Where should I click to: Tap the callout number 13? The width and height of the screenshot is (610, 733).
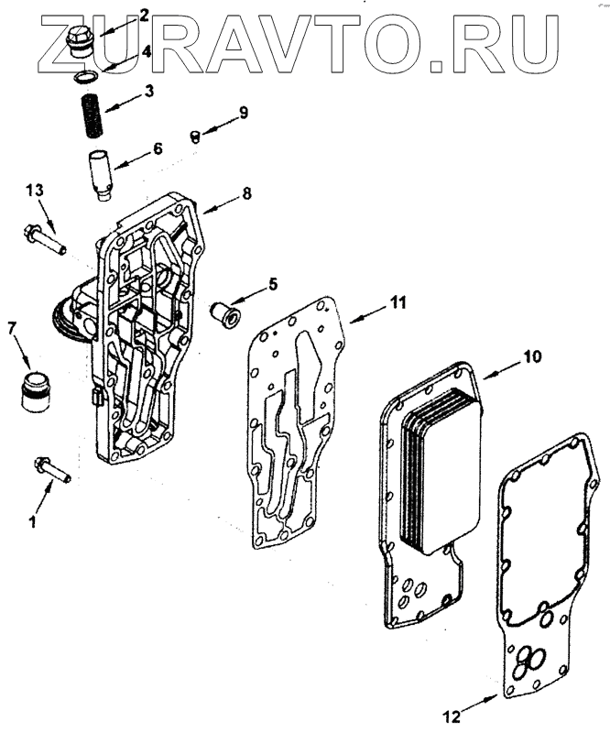coord(34,191)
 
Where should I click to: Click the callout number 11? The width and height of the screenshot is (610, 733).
coord(398,301)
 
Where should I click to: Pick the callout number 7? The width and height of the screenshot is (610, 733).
coord(12,327)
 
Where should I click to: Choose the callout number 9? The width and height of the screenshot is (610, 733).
coord(244,112)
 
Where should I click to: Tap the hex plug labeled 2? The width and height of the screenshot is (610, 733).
coord(79,41)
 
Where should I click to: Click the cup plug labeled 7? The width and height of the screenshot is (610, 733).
coord(35,390)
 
